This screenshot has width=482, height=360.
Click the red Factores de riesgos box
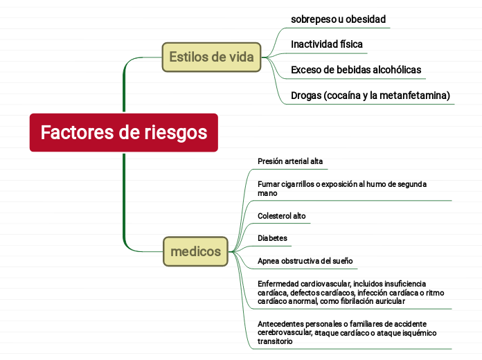[x=123, y=132]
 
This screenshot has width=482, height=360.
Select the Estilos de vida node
[x=211, y=57]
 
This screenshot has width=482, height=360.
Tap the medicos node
[x=195, y=251]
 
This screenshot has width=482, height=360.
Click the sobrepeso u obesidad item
[x=338, y=19]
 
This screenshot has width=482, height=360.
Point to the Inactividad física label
[x=327, y=44]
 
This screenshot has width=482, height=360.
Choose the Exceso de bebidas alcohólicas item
[x=356, y=70]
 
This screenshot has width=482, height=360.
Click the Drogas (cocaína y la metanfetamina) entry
[x=371, y=96]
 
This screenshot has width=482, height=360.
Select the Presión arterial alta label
[x=290, y=161]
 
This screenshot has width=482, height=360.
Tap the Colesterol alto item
[x=282, y=216]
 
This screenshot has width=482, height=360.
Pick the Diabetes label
[x=272, y=238]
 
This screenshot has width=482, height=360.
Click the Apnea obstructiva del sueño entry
[x=305, y=261]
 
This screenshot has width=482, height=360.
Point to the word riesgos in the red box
[x=176, y=133]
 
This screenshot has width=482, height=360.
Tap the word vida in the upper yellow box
[x=242, y=57]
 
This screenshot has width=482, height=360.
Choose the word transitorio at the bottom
[x=275, y=341]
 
